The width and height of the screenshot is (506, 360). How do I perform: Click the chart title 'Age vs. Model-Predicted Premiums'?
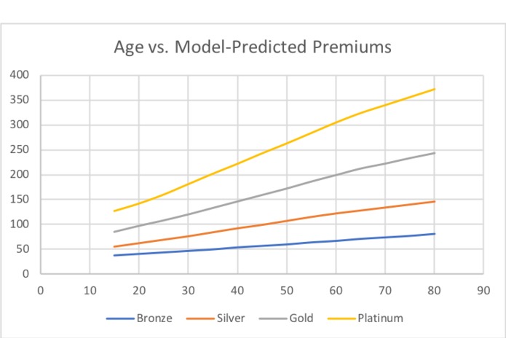tap(253, 47)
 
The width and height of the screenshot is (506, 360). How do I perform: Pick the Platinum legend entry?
tap(379, 318)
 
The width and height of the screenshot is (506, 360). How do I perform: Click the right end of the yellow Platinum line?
tap(435, 89)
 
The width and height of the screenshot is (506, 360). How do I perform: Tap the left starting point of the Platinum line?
tap(114, 211)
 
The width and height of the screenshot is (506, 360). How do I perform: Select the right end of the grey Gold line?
tap(435, 153)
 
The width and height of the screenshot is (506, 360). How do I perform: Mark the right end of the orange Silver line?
tap(435, 201)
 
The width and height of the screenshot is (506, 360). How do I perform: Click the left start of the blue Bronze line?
tap(114, 255)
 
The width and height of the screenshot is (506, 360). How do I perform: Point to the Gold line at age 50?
tap(286, 189)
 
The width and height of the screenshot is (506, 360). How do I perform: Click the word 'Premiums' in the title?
tap(352, 47)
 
